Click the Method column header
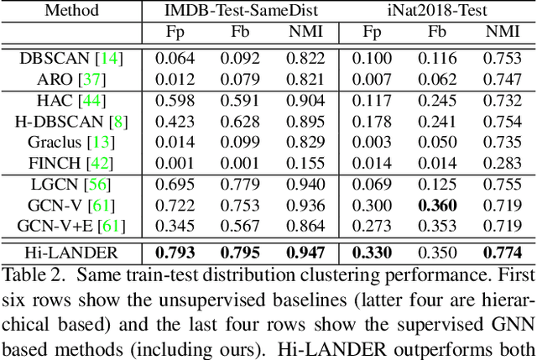(71, 12)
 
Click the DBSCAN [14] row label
(71, 59)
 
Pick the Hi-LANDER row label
(71, 253)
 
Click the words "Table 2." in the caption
(28, 274)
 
